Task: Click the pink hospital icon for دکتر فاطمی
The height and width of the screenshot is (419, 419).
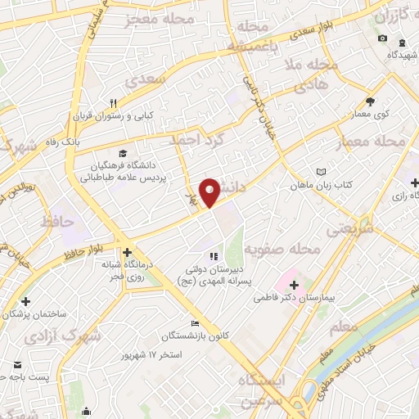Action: pyautogui.click(x=295, y=286)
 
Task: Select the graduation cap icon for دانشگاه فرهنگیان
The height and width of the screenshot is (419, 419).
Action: pyautogui.click(x=123, y=152)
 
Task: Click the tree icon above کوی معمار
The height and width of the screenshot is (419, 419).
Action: pyautogui.click(x=370, y=101)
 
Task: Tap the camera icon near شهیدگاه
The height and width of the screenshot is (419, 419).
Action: pyautogui.click(x=381, y=38)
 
